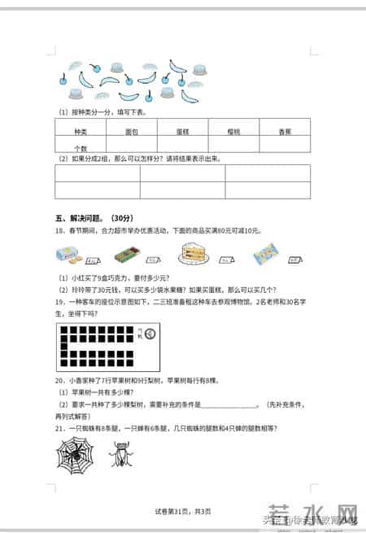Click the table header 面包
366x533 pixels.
(x=131, y=130)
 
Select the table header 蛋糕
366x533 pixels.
(x=182, y=130)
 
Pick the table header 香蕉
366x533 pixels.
(x=284, y=130)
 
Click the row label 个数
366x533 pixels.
(x=81, y=148)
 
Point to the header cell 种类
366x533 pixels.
(x=81, y=130)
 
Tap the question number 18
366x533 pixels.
(x=59, y=231)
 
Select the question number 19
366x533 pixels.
(x=59, y=302)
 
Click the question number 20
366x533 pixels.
(x=59, y=380)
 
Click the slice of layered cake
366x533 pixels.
(x=194, y=253)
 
